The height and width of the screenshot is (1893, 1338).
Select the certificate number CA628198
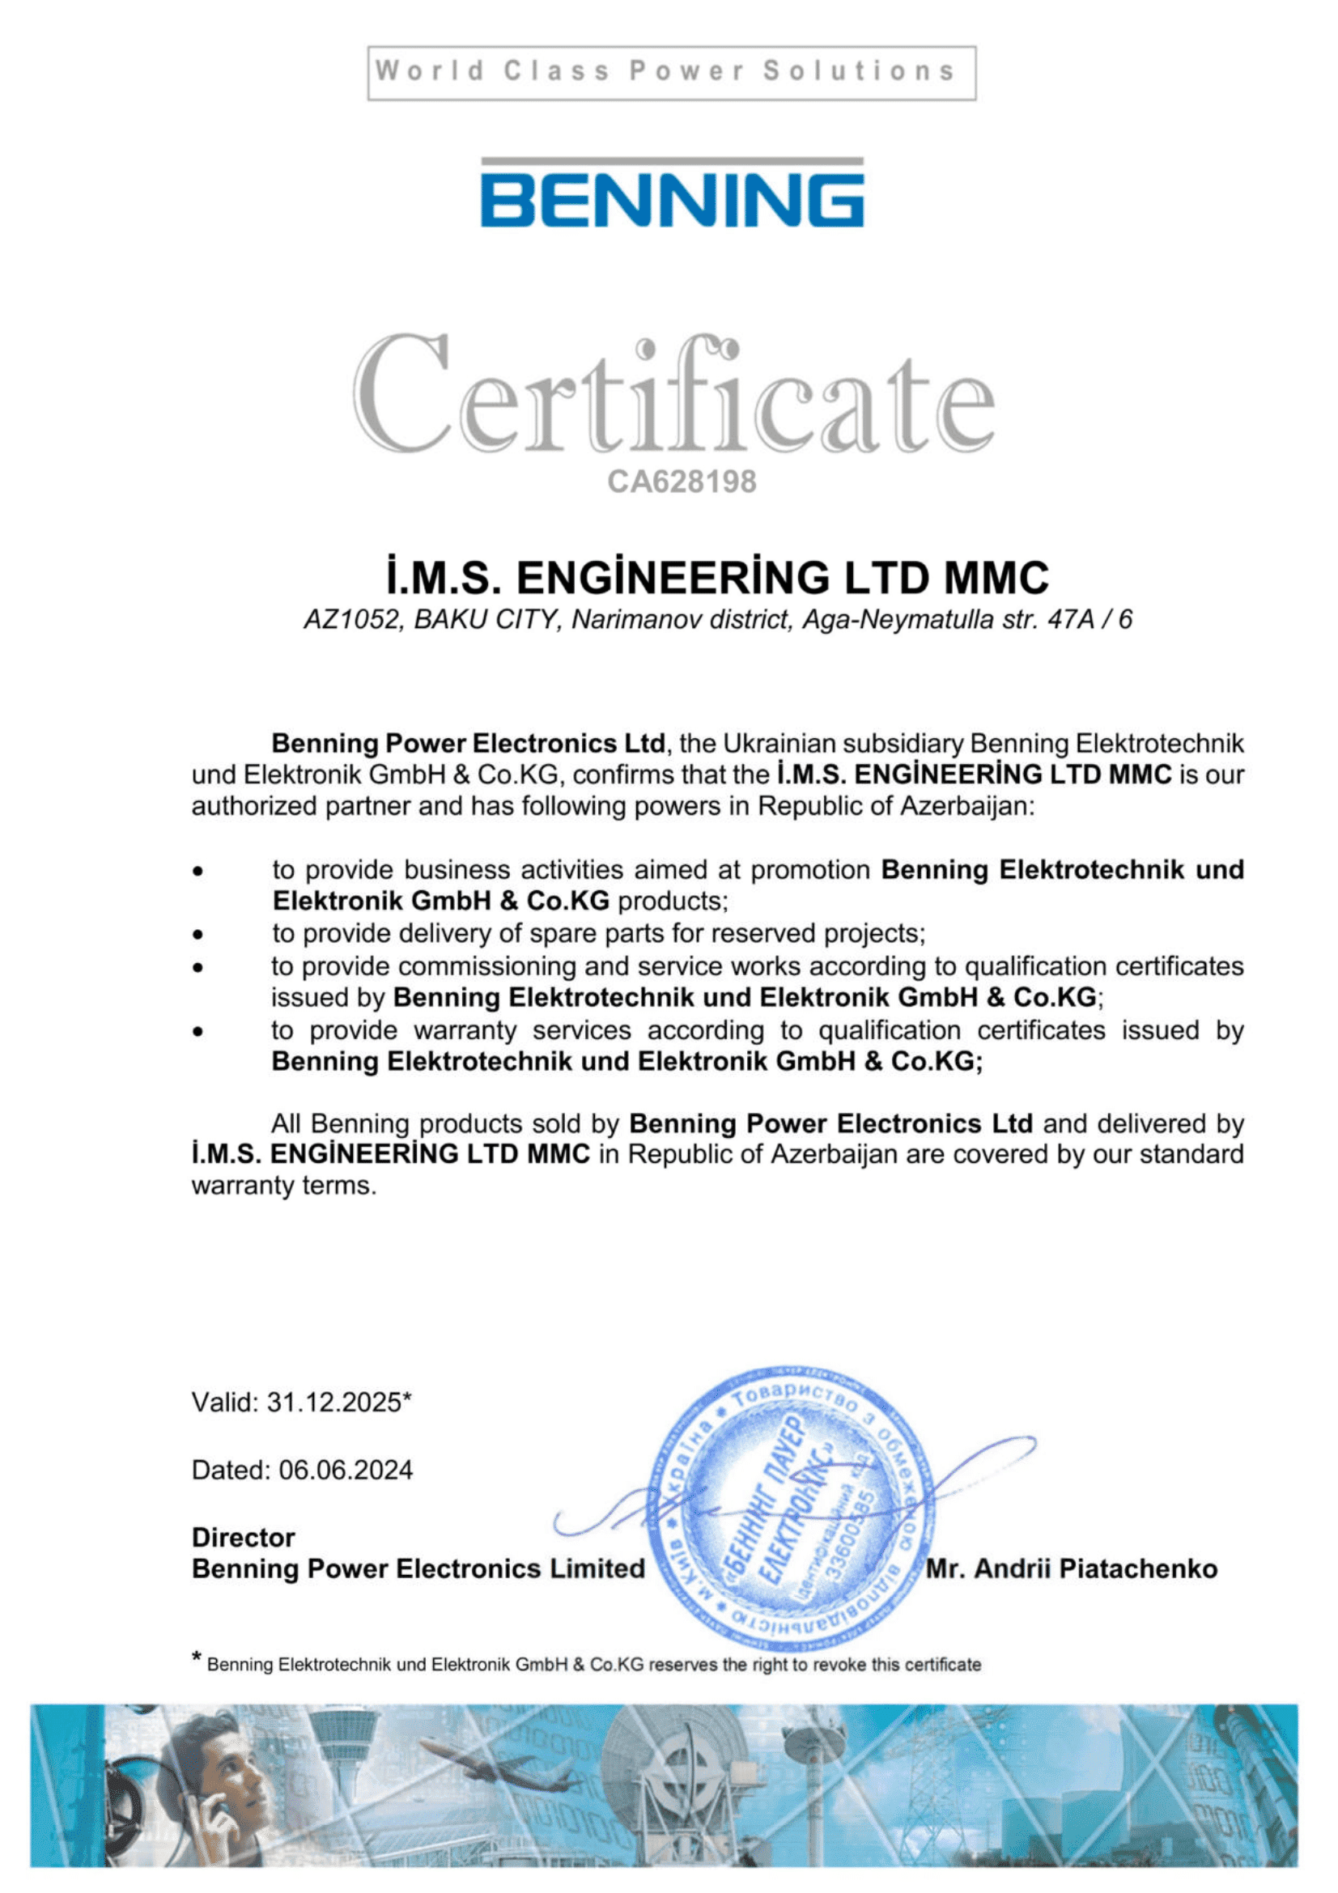pyautogui.click(x=681, y=482)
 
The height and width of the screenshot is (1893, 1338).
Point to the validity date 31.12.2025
pyautogui.click(x=333, y=1402)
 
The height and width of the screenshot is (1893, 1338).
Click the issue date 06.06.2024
pyautogui.click(x=346, y=1469)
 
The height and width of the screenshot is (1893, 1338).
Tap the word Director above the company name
pyautogui.click(x=243, y=1537)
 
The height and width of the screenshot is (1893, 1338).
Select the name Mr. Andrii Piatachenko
pyautogui.click(x=1071, y=1568)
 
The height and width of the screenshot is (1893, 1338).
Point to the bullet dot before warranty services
pyautogui.click(x=198, y=1030)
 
